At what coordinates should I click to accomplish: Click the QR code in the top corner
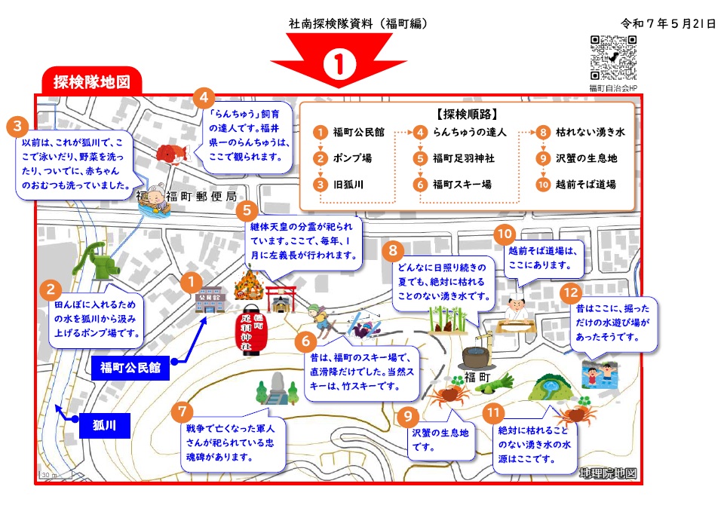612,57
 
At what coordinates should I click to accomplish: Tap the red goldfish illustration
169,154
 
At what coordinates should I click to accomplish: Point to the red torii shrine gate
280,298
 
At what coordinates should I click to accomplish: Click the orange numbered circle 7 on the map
183,412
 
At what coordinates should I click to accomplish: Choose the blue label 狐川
104,426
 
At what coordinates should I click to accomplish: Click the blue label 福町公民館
130,369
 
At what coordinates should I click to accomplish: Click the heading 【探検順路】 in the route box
466,115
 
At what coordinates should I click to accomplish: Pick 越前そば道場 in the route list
585,184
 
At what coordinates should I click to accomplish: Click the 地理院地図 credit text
608,473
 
